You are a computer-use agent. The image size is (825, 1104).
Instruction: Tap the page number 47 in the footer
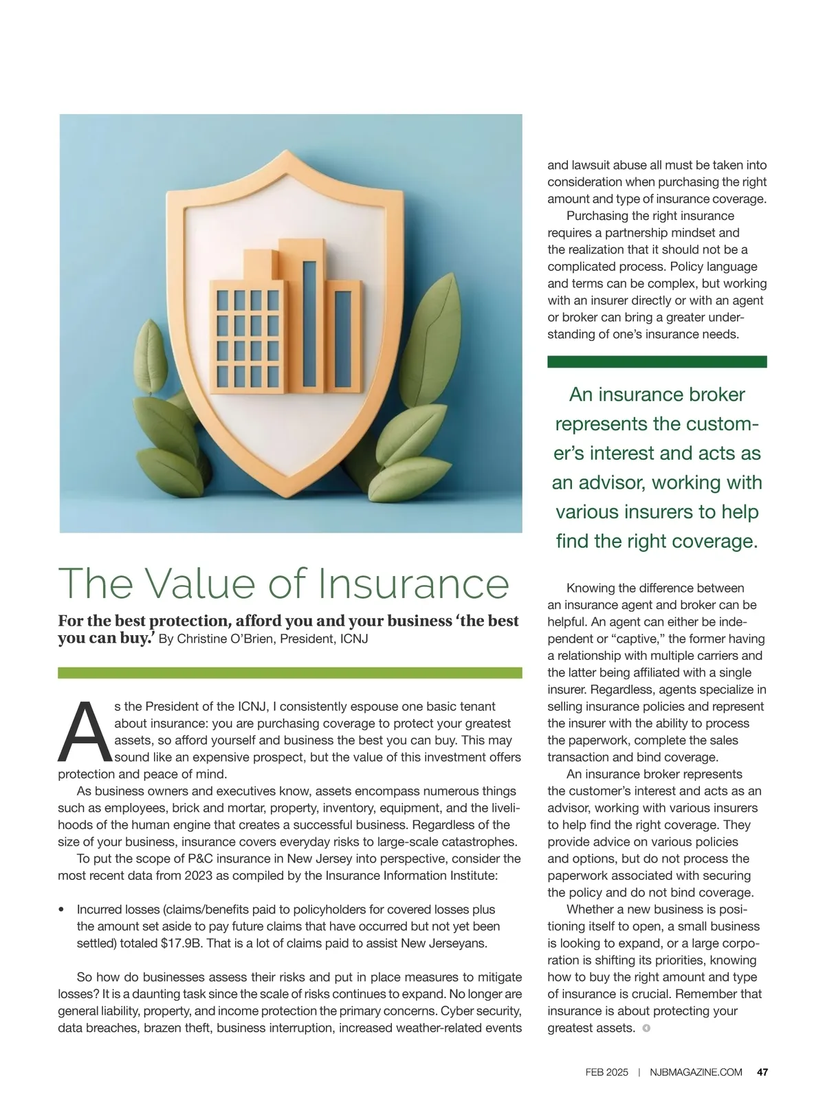(762, 1072)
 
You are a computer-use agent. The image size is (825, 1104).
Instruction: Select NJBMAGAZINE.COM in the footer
(696, 1072)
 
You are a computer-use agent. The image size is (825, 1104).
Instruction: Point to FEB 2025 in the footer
(606, 1072)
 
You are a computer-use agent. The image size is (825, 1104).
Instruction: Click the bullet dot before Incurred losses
(62, 909)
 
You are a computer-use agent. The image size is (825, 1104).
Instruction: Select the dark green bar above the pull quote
(657, 362)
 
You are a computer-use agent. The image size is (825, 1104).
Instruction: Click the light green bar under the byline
(289, 672)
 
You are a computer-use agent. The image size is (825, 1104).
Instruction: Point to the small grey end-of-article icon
(646, 1028)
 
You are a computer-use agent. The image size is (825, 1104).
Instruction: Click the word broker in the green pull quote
(714, 395)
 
